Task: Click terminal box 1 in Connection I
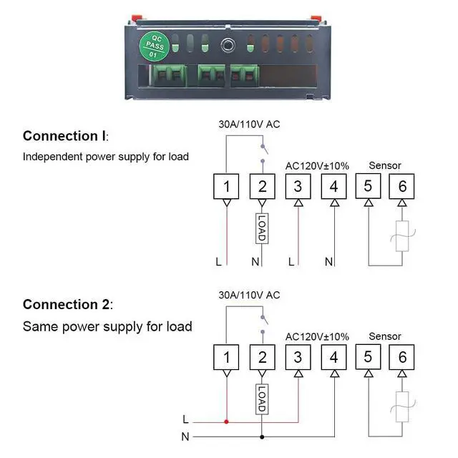pos(227,187)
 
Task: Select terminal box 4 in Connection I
pos(333,187)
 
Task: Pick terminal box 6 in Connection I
pos(402,187)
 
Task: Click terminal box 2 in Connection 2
pos(262,357)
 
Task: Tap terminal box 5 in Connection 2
pos(368,356)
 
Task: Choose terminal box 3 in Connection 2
pos(298,357)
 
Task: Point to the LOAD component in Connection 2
pos(262,398)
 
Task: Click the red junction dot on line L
pos(227,422)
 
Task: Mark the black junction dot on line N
pos(262,436)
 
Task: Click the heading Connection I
pos(65,136)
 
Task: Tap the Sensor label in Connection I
pos(385,165)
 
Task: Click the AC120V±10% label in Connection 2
pos(317,336)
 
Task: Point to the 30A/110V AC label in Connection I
pos(249,125)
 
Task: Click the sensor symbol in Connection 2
pos(402,406)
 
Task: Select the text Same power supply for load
pos(107,326)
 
